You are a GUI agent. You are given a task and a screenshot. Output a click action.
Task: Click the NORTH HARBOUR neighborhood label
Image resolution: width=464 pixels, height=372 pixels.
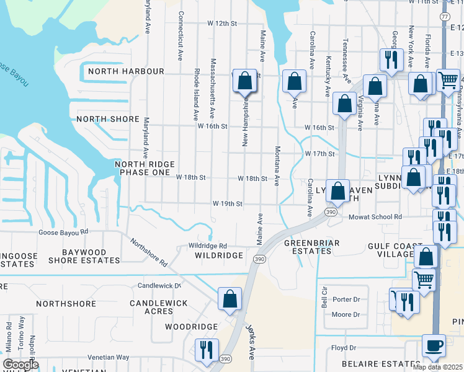coord(126,71)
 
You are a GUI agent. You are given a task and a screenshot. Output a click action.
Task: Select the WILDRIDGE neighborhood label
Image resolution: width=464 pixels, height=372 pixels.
coord(218,255)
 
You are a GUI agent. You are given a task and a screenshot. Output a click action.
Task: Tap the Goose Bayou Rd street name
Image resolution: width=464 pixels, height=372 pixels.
coord(63,232)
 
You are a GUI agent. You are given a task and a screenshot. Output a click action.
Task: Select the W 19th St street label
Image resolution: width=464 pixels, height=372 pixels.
coord(227,203)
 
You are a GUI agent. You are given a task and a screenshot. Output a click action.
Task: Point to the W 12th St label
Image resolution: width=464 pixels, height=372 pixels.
coord(222,24)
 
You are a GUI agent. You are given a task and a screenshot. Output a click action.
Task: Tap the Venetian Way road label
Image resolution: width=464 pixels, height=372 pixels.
coord(108,357)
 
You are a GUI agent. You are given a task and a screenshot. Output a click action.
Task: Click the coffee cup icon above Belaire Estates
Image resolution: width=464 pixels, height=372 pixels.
coord(434,345)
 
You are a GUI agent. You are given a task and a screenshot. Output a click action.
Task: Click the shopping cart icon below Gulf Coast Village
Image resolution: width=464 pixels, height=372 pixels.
coord(424,279)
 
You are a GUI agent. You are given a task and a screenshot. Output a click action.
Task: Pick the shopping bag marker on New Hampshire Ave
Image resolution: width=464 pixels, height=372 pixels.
coord(245,81)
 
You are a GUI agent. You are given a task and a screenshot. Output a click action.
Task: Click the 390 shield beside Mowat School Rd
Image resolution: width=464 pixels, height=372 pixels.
coord(328,212)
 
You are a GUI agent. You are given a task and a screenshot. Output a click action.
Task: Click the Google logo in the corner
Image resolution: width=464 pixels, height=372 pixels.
coord(20,364)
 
